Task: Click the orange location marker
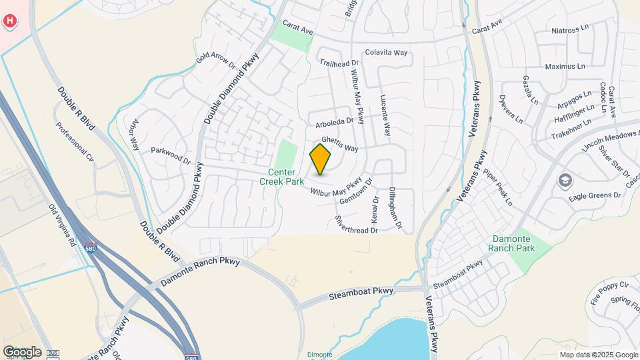[x=321, y=159]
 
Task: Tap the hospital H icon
[x=10, y=21]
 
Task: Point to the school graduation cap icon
[x=565, y=181]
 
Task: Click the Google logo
[x=22, y=351]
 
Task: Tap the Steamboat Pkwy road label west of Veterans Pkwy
[x=362, y=293]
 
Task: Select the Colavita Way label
[x=386, y=53]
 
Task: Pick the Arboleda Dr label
[x=333, y=123]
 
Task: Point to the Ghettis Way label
[x=339, y=144]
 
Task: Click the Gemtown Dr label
[x=355, y=191]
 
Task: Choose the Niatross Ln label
[x=572, y=31]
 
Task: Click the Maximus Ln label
[x=565, y=67]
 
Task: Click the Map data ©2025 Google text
[x=599, y=355]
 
